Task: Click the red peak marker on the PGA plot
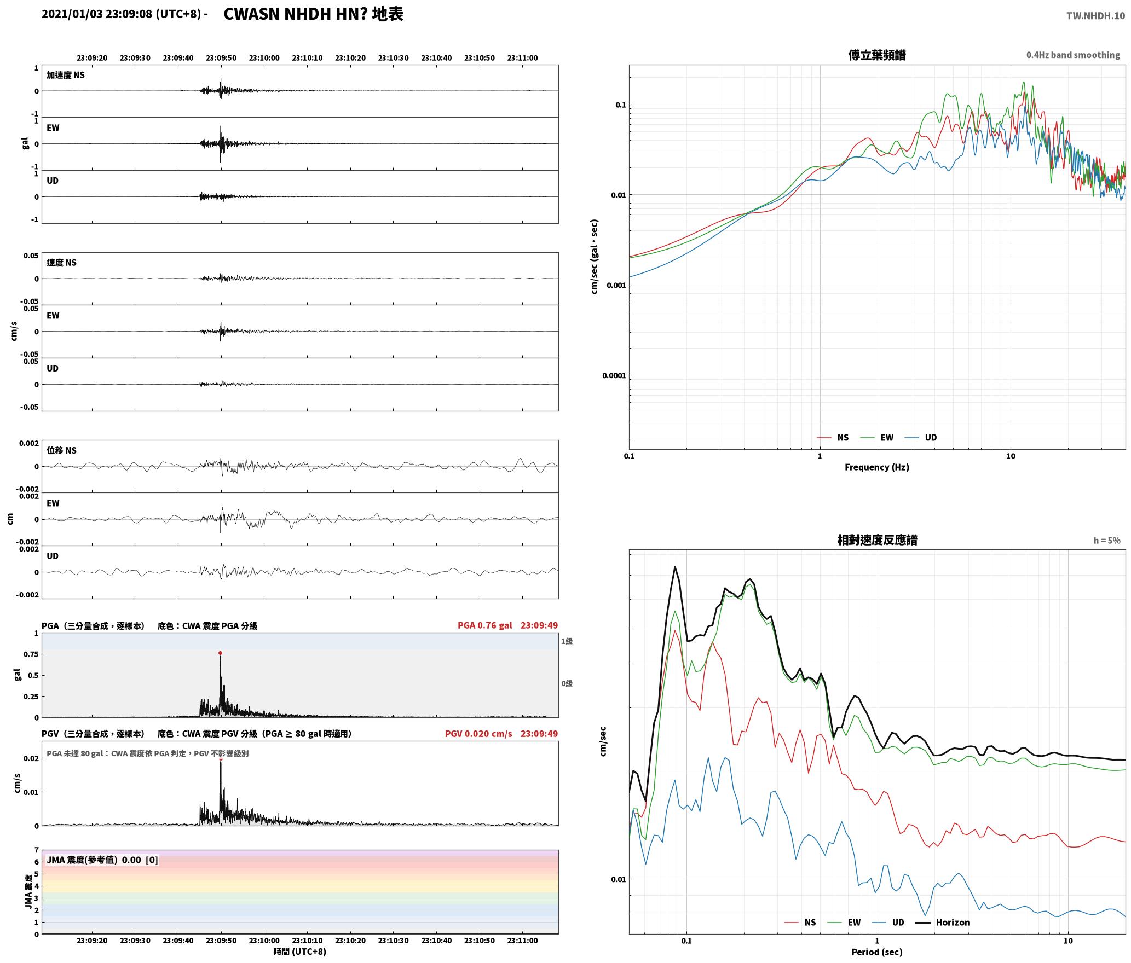[x=220, y=653]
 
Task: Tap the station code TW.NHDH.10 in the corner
[x=1095, y=16]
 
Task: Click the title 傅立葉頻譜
[x=876, y=55]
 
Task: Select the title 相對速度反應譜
[x=877, y=540]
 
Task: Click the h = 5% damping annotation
[x=1107, y=541]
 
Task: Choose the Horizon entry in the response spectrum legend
[x=953, y=923]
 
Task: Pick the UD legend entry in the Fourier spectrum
[x=931, y=438]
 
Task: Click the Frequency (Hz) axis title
[x=876, y=467]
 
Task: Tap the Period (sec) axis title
[x=876, y=952]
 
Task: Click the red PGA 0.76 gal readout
[x=485, y=625]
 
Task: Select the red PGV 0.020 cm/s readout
[x=478, y=734]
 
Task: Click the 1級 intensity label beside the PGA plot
[x=567, y=641]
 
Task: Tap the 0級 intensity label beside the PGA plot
[x=567, y=683]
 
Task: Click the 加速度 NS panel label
[x=66, y=75]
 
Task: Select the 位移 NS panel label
[x=61, y=450]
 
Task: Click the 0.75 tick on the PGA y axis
[x=31, y=654]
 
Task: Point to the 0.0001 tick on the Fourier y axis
[x=613, y=376]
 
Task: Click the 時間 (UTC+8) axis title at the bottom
[x=300, y=952]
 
